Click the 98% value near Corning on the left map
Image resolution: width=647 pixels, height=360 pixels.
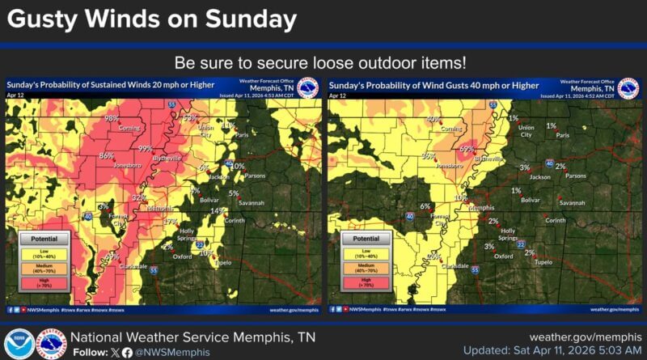coord(112,118)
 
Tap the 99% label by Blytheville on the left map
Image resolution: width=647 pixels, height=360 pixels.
coord(146,148)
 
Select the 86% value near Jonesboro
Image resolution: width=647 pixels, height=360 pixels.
coord(106,155)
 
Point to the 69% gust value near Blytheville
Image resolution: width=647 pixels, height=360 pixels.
coord(467,149)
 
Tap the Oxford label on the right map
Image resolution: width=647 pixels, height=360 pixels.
coord(504,256)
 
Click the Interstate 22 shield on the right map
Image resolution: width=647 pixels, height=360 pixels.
coord(522,244)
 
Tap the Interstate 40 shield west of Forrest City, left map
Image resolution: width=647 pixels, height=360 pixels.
coord(87,216)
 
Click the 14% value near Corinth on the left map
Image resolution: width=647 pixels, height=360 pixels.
coord(216,211)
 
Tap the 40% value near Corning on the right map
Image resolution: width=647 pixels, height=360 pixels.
coord(433,119)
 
